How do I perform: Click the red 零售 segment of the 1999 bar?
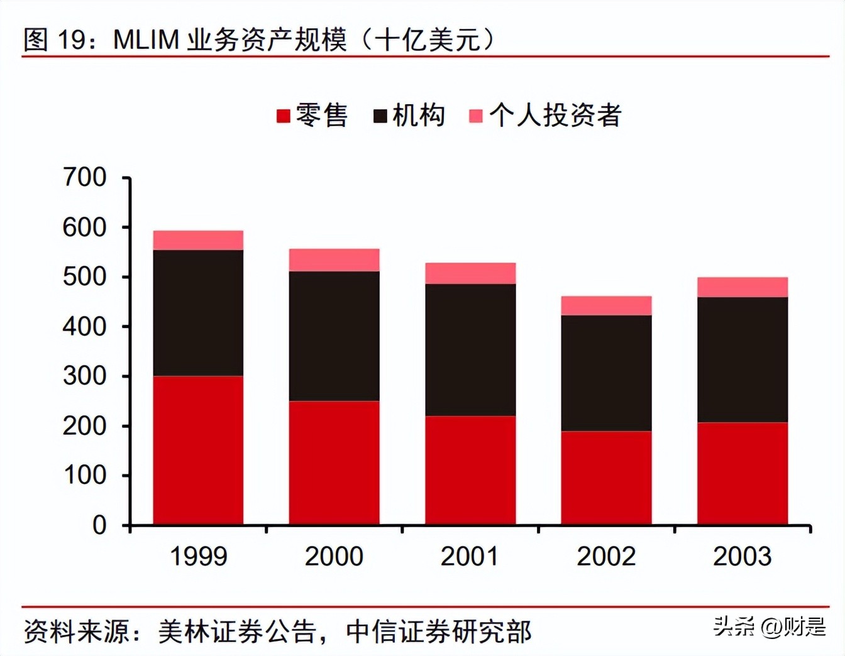pyautogui.click(x=198, y=450)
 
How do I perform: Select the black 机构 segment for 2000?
pyautogui.click(x=334, y=336)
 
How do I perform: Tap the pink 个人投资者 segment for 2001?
pyautogui.click(x=470, y=273)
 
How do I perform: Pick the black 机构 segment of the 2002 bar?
pyautogui.click(x=606, y=373)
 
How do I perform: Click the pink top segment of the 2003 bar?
pyautogui.click(x=743, y=287)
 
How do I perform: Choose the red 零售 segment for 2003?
pyautogui.click(x=743, y=473)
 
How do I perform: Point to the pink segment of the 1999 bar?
pyautogui.click(x=198, y=240)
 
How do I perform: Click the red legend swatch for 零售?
pyautogui.click(x=283, y=116)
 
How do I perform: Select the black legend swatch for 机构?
pyautogui.click(x=380, y=116)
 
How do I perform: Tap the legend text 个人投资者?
pyautogui.click(x=555, y=116)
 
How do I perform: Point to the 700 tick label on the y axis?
pyautogui.click(x=84, y=177)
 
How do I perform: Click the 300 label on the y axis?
pyautogui.click(x=84, y=376)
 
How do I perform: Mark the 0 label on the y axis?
pyautogui.click(x=99, y=525)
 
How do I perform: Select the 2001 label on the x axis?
pyautogui.click(x=470, y=557)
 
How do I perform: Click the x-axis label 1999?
pyautogui.click(x=198, y=557)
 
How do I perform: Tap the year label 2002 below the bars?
pyautogui.click(x=606, y=557)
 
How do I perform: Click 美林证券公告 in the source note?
pyautogui.click(x=236, y=631)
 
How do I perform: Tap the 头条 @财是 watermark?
pyautogui.click(x=769, y=626)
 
